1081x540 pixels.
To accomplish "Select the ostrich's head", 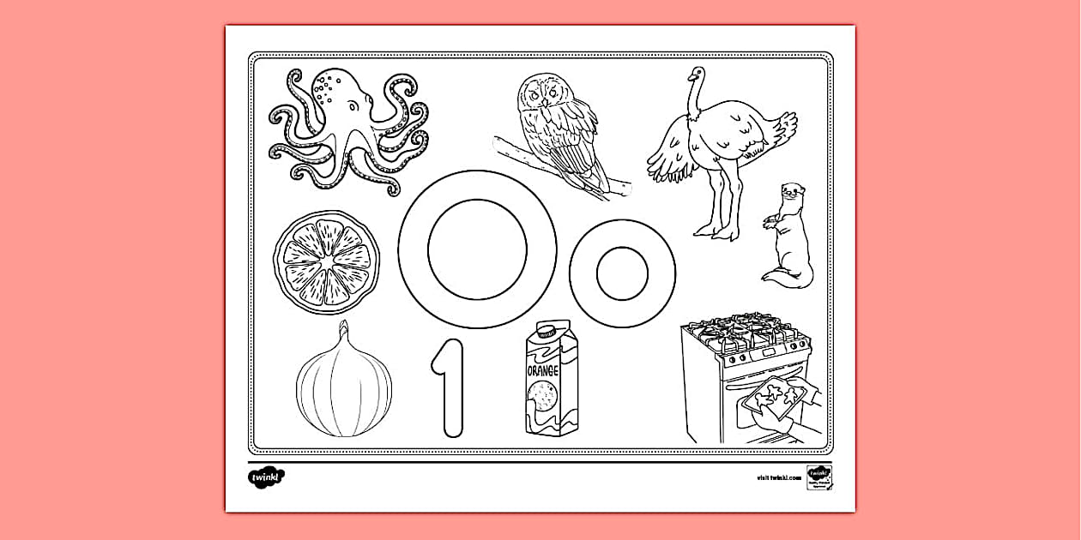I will tap(697, 75).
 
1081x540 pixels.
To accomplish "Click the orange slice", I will tap(328, 261).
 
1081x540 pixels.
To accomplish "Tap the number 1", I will tap(448, 387).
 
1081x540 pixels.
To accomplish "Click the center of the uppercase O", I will tap(477, 249).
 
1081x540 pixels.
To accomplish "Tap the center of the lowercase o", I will tap(622, 273).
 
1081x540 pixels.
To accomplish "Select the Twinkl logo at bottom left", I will tap(266, 476).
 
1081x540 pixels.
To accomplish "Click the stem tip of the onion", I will tap(343, 326).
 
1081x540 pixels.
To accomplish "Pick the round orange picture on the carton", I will tap(540, 396).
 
